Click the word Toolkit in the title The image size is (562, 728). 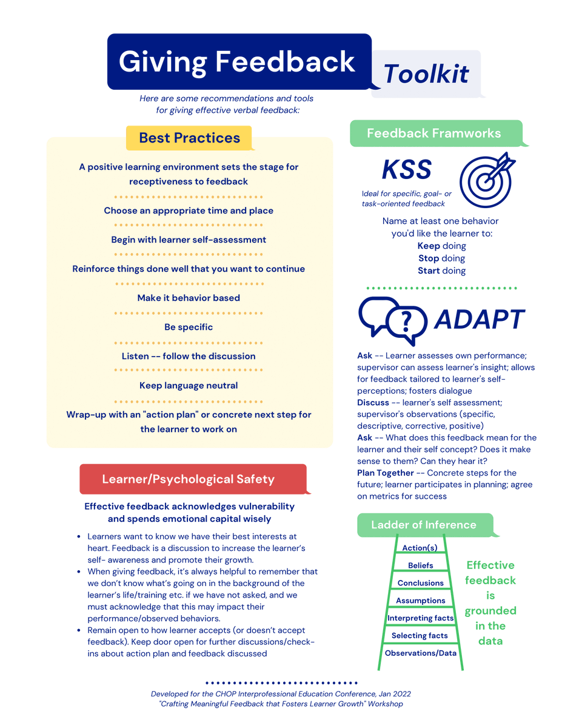[x=426, y=73]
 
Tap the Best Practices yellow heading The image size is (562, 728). [x=189, y=138]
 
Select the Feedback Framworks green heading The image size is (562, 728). [x=433, y=133]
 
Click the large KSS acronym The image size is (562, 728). [x=406, y=170]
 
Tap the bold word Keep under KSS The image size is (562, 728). [x=429, y=246]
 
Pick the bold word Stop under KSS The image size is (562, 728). [x=428, y=258]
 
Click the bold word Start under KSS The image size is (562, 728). [x=429, y=271]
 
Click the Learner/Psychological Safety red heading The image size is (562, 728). [x=188, y=479]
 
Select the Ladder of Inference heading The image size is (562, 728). [x=423, y=525]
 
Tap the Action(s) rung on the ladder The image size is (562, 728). [x=420, y=548]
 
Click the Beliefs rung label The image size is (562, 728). [x=420, y=565]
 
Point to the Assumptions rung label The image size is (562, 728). [x=420, y=601]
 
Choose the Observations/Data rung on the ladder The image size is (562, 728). [x=420, y=653]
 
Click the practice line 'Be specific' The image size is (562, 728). [x=189, y=327]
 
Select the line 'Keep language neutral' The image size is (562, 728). [x=189, y=385]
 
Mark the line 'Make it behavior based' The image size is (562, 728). [x=189, y=298]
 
